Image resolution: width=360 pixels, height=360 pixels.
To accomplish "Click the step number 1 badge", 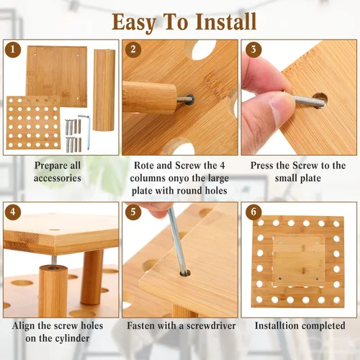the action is (13, 50).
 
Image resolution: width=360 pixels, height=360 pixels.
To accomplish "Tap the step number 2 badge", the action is (133, 50).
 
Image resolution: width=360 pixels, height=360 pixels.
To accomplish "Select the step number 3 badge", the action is (253, 50).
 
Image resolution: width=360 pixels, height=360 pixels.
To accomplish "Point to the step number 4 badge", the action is (13, 212).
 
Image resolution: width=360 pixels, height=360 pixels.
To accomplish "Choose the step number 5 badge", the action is (133, 212).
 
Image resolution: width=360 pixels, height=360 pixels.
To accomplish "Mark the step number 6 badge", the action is (253, 212).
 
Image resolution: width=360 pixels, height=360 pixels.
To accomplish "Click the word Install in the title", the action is (225, 22).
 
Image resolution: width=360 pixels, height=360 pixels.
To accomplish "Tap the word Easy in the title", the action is (134, 23).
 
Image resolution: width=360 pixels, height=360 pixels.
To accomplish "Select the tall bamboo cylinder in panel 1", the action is (104, 90).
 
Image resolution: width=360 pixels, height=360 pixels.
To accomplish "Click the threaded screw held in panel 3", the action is (308, 101).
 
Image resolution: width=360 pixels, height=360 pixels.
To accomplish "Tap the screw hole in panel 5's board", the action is (185, 273).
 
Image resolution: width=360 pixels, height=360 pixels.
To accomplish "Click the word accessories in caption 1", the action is (58, 178).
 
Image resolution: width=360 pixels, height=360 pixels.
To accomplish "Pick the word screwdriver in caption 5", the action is (211, 325).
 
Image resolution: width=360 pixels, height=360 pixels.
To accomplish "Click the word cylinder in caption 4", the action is (73, 338).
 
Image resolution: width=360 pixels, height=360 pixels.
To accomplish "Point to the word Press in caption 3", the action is (262, 166).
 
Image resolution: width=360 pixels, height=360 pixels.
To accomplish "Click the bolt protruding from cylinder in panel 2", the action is (185, 99).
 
